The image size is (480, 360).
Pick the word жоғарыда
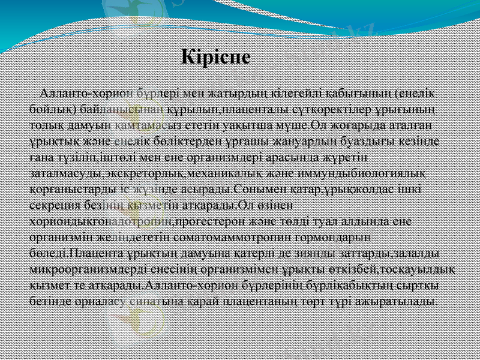[359, 125]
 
